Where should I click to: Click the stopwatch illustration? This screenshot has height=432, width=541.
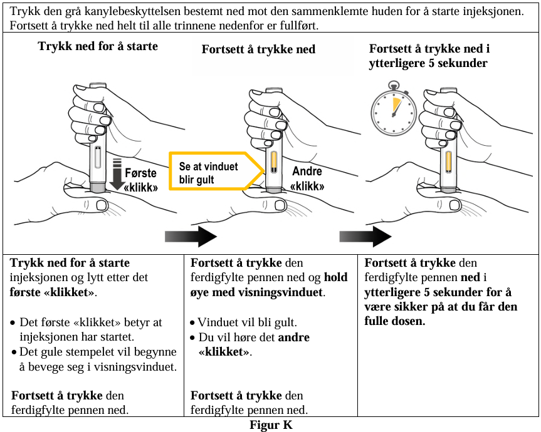393,110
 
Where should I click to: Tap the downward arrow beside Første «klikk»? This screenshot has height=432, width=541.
117,174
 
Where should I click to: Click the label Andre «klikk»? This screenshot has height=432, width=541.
307,178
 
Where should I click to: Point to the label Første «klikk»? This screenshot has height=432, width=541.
141,180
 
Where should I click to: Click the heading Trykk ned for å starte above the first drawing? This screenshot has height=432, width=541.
98,46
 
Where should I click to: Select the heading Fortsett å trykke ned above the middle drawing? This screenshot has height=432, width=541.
258,49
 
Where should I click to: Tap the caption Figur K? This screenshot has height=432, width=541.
271,424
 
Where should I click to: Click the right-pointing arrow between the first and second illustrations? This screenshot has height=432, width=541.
191,236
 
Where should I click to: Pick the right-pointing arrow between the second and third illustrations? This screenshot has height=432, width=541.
365,236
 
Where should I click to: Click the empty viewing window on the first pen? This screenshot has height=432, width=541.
98,157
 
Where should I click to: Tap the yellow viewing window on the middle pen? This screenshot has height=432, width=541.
274,162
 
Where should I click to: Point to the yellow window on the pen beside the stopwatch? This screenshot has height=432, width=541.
448,162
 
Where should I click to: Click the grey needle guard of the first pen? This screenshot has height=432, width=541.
97,188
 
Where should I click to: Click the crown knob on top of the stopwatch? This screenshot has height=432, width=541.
393,85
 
